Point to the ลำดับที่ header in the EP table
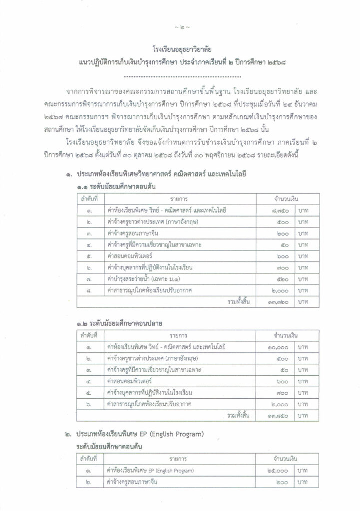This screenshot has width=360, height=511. [88, 458]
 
